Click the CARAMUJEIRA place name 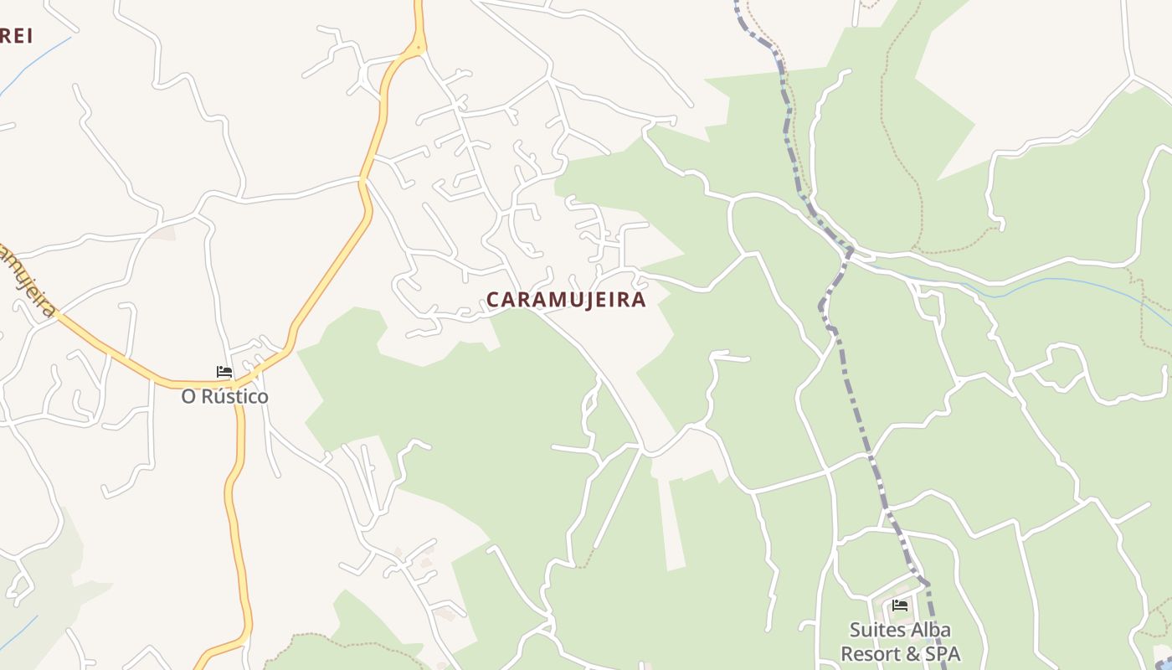point(566,300)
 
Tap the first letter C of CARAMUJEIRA point(493,300)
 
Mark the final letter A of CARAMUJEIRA point(639,300)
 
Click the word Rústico point(235,396)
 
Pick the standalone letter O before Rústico point(189,396)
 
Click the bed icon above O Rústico point(224,372)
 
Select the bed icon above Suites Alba point(900,606)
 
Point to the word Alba point(931,630)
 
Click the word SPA point(943,653)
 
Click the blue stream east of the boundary point(1046,280)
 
